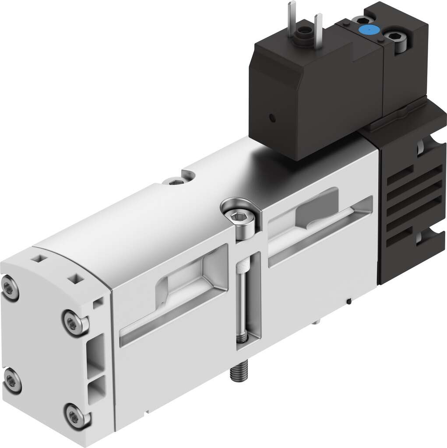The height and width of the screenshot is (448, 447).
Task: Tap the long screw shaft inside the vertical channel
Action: click(x=242, y=302)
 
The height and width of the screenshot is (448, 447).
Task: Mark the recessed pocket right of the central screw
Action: click(x=315, y=214)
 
